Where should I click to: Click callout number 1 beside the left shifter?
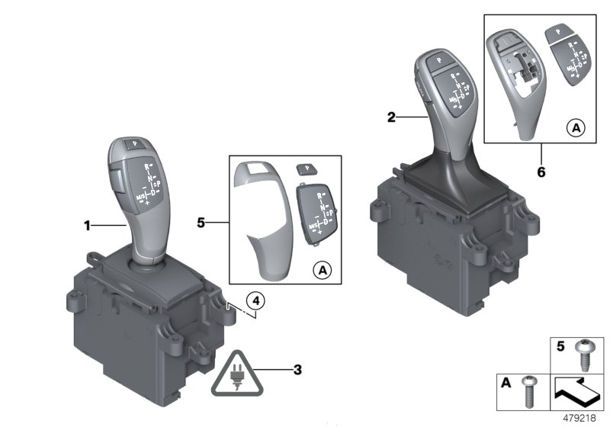[x=88, y=225]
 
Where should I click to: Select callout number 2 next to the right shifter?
[x=391, y=117]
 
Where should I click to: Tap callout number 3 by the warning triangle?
[x=298, y=371]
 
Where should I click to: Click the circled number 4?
[x=257, y=300]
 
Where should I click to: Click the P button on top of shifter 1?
[x=134, y=143]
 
